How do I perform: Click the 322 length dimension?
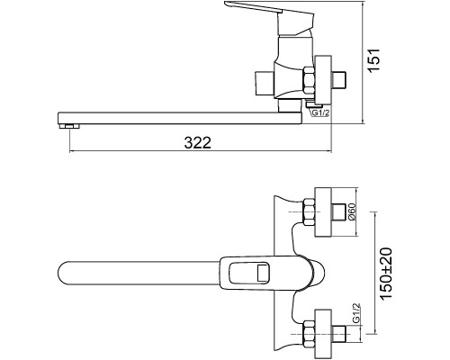[x=198, y=142]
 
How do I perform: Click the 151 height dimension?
[x=374, y=59]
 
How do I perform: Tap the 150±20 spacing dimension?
[x=386, y=274]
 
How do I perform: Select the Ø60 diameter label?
[x=352, y=211]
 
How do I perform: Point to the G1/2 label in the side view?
[x=320, y=113]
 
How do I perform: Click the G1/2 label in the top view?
[x=355, y=313]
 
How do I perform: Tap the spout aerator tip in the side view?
[x=70, y=126]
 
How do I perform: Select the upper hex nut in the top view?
[x=309, y=211]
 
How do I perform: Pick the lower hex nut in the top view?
[x=309, y=334]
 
